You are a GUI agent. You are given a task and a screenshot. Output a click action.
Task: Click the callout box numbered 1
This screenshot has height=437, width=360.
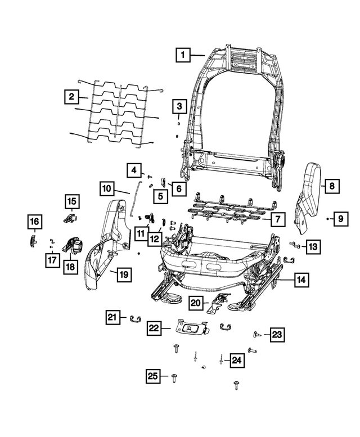(182, 55)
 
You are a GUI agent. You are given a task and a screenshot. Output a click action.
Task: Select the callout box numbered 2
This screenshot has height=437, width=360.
(70, 97)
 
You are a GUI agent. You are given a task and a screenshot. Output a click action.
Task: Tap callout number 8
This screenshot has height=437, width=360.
(331, 185)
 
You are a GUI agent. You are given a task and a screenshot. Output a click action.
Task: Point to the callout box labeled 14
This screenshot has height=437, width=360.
(301, 279)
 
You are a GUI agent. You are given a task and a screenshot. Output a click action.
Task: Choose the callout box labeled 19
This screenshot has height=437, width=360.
(123, 274)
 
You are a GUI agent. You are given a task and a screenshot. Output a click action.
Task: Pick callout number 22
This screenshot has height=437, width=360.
(154, 328)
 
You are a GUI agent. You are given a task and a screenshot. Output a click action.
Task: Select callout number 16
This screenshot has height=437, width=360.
(34, 222)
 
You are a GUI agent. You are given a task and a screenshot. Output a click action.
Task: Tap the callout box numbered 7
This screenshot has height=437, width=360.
(277, 219)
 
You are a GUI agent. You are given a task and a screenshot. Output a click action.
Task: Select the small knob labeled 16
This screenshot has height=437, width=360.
(33, 240)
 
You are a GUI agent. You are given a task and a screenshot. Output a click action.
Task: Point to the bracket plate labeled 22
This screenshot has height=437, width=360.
(190, 326)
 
